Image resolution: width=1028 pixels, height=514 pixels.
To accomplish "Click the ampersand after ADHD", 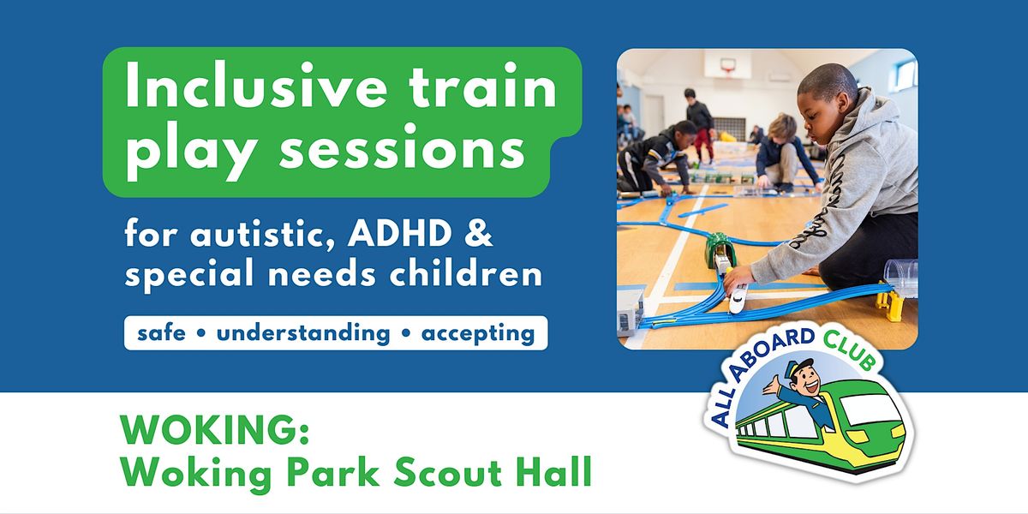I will coord(482,235).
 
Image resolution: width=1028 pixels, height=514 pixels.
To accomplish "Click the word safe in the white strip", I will coord(161,332).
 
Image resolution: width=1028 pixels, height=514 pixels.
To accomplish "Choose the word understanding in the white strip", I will coord(303,332).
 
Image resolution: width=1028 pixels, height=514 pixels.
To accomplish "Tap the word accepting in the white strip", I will coord(478,332).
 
